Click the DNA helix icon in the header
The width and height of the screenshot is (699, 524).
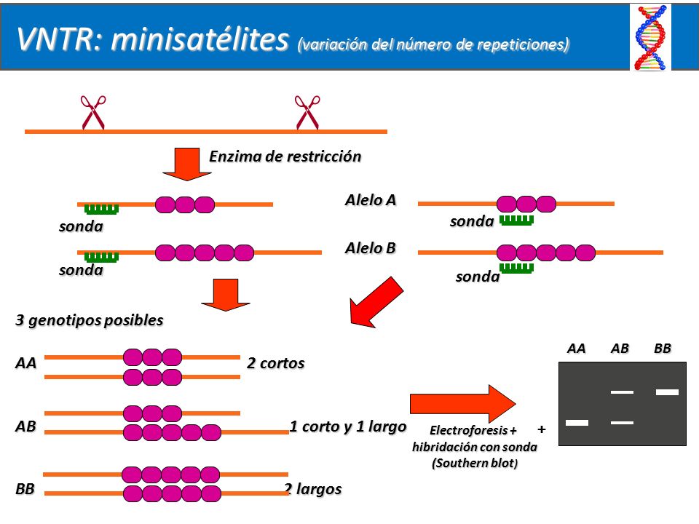[x=650, y=37]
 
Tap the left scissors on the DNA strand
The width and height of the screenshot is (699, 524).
[x=92, y=112]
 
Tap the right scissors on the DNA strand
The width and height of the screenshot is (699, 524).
[x=307, y=112]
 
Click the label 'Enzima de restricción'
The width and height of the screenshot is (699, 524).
[x=285, y=156]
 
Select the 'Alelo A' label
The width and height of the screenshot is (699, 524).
[x=371, y=200]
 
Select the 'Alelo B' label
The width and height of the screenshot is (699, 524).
[x=371, y=248]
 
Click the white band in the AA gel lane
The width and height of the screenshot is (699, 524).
[x=577, y=422]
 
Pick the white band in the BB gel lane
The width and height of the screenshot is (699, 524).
[x=668, y=392]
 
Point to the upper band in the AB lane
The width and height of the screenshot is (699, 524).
[x=622, y=392]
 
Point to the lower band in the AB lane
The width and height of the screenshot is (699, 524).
[x=622, y=422]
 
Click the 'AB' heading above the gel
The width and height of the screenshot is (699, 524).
[x=620, y=349]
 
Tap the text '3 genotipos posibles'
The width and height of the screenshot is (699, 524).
[x=89, y=320]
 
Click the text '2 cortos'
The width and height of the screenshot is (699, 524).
[x=275, y=363]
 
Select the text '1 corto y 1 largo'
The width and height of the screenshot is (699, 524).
[x=348, y=426]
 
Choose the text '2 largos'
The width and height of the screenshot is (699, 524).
[x=313, y=489]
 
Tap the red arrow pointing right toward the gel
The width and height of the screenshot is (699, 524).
[x=463, y=404]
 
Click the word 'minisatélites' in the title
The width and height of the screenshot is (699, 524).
[x=200, y=39]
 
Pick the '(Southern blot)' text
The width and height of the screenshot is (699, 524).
[x=475, y=464]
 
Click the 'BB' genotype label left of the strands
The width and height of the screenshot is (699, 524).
[x=25, y=489]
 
